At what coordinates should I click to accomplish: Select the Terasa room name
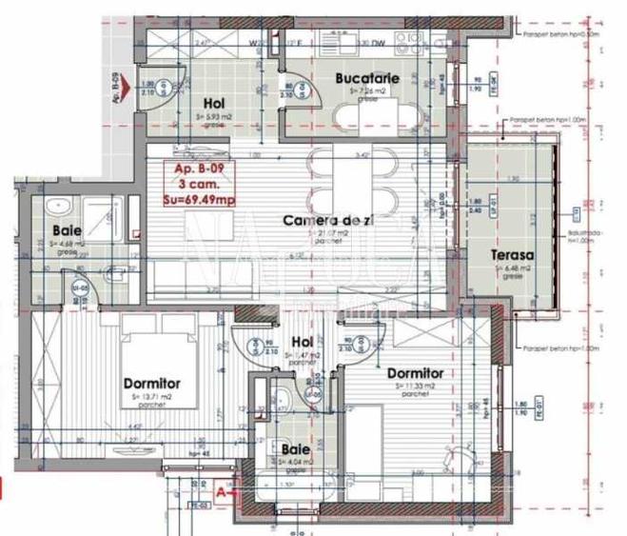[x=512, y=255]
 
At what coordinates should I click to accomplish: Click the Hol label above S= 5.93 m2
[x=214, y=105]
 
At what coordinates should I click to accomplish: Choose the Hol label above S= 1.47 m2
[x=302, y=343]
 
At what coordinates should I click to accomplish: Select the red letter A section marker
[x=223, y=492]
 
